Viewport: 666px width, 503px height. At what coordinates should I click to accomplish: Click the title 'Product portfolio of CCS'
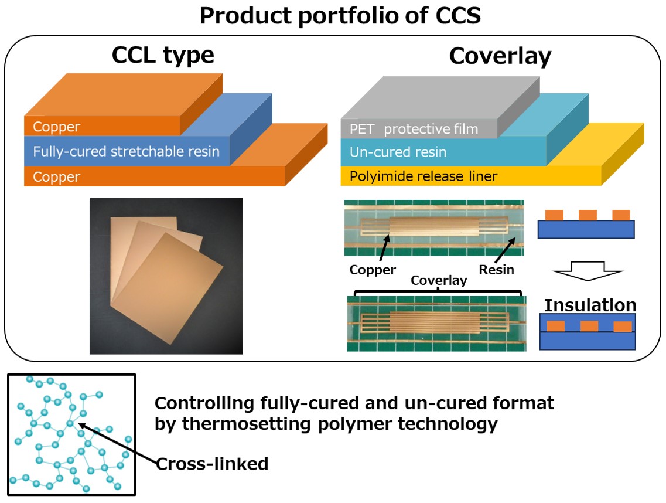pos(340,16)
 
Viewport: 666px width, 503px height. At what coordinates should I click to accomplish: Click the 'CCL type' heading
pos(163,56)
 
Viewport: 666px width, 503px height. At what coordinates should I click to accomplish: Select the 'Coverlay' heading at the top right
pos(500,56)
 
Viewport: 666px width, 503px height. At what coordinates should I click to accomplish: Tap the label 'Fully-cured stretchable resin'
pos(126,151)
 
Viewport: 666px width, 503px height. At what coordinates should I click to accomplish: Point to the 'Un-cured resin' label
pos(398,152)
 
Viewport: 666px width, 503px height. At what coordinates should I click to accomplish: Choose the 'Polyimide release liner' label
pos(424,175)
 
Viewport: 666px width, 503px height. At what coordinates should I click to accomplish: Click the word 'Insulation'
pos(590,305)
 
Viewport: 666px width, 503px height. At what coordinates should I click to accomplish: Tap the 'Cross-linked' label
pos(212,464)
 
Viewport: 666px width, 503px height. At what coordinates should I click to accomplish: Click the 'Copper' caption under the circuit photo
pos(373,270)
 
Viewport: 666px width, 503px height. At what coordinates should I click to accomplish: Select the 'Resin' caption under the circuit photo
pos(497,270)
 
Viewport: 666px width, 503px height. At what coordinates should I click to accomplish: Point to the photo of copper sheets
pos(166,276)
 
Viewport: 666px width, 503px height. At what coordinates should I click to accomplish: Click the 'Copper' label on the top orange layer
pos(57,127)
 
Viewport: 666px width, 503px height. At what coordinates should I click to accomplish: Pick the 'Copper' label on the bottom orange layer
pos(57,176)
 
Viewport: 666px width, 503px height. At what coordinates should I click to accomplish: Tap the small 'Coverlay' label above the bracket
pos(439,280)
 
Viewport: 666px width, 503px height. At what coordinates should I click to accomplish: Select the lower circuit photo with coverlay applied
pos(436,324)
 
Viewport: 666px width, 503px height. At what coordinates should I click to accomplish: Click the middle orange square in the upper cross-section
pos(587,215)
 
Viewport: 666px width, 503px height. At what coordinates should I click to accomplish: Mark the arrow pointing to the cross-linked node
pos(117,444)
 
